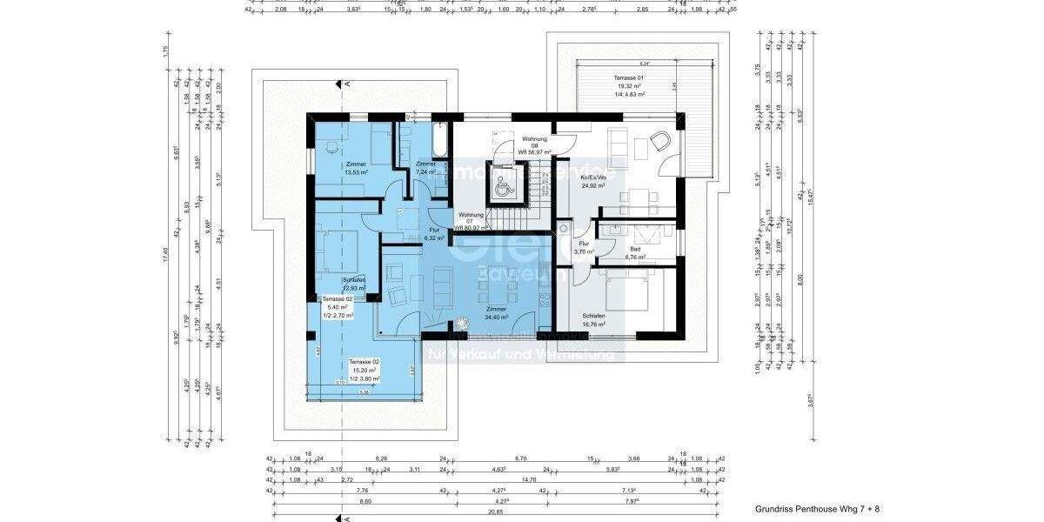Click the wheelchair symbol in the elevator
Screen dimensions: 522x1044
[502, 185]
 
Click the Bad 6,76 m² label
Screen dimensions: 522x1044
[636, 252]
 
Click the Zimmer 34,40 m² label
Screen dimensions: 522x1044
[496, 313]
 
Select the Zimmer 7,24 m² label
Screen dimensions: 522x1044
[425, 168]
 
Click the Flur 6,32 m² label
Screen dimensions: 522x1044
[434, 233]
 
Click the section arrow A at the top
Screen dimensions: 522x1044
[338, 84]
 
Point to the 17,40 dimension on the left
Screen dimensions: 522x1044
[165, 252]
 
